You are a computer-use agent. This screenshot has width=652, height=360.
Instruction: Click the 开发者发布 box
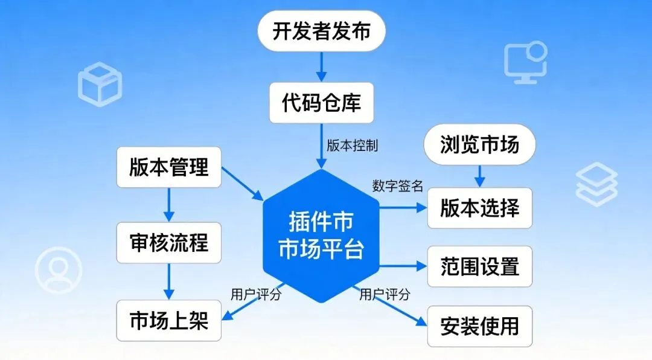click(x=321, y=32)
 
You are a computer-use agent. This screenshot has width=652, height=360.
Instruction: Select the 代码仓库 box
click(x=321, y=103)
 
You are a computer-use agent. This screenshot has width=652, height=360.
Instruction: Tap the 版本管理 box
click(x=168, y=167)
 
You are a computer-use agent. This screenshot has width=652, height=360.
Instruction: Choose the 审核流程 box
click(x=168, y=243)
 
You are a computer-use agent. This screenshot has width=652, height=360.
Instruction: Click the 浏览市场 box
click(x=480, y=145)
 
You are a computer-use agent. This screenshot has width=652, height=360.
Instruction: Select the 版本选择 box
click(x=480, y=208)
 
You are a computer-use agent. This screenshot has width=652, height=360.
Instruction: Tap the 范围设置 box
click(x=480, y=266)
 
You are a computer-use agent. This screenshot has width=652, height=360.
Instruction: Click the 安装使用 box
click(x=480, y=326)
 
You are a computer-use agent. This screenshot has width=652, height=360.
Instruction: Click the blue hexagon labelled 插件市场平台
click(x=321, y=236)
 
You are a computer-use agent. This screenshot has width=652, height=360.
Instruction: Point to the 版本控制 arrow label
click(x=353, y=146)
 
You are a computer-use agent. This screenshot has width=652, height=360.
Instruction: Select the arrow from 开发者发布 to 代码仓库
click(x=321, y=66)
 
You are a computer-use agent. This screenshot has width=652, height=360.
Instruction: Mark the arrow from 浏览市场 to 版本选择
click(x=480, y=175)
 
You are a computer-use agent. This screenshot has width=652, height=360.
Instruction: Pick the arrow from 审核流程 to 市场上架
click(x=168, y=281)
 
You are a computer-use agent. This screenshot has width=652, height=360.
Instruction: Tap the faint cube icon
click(x=100, y=84)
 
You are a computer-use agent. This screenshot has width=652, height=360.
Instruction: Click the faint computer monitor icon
click(x=525, y=62)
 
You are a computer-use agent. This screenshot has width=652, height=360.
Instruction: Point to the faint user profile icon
click(x=58, y=270)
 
